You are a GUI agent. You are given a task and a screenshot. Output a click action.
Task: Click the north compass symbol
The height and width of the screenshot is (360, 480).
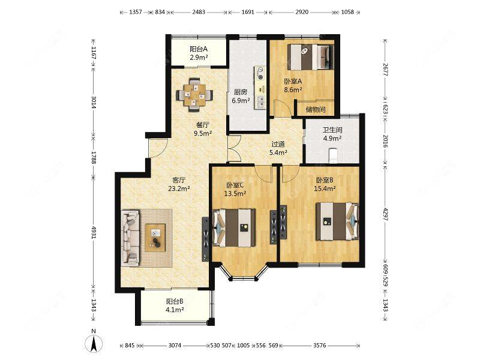coord(94,343)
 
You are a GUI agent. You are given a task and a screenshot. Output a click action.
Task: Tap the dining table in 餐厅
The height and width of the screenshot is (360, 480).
coord(194,95)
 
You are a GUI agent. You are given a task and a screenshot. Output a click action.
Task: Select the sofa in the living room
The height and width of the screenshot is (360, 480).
coord(131,238)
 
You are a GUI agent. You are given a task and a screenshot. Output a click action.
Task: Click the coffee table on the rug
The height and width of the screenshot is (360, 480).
coord(155,238)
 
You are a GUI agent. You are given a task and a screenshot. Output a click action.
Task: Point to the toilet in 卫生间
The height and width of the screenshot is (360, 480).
coord(333,155)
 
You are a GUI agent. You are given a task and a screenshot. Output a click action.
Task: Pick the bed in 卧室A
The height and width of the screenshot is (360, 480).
coord(310,57)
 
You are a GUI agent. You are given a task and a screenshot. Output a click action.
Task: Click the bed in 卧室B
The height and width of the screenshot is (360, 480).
coord(337,221)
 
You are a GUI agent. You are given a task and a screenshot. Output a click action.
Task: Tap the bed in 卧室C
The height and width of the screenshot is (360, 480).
coord(234,227)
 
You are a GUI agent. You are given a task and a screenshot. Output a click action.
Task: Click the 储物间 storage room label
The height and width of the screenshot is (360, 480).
coord(316,110)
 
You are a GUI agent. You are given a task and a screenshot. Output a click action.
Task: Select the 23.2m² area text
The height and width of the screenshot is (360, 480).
coord(179,188)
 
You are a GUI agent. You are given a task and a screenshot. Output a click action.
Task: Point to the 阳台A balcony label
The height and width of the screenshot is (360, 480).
coord(199,49)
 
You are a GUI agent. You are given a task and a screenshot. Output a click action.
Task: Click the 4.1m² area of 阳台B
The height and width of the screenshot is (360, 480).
coord(175,310)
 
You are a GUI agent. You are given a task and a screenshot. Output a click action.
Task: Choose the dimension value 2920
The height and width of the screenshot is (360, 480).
coord(302,12)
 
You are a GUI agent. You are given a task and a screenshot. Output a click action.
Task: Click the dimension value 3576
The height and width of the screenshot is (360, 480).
coord(319,346)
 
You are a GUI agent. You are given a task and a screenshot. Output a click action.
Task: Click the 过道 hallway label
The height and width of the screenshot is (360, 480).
coord(278,144)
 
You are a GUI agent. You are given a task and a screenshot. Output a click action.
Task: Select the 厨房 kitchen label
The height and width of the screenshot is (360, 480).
coord(241,92)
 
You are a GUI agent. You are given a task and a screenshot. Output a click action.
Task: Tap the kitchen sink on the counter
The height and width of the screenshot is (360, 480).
coord(260,102)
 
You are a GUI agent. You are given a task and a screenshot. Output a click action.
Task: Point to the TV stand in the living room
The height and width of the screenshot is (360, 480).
coord(205,239)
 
